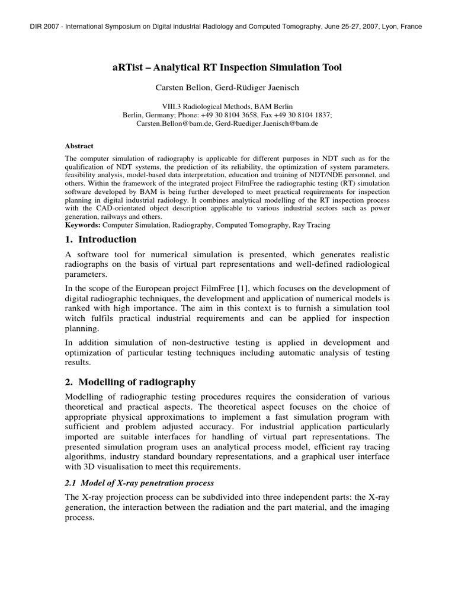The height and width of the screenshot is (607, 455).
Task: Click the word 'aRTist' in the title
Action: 127,68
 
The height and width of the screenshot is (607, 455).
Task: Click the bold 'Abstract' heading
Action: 79,146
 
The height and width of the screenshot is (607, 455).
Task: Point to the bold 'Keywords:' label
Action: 82,225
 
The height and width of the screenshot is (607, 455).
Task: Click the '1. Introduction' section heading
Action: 100,239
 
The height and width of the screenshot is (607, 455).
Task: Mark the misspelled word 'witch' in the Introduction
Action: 77,318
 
